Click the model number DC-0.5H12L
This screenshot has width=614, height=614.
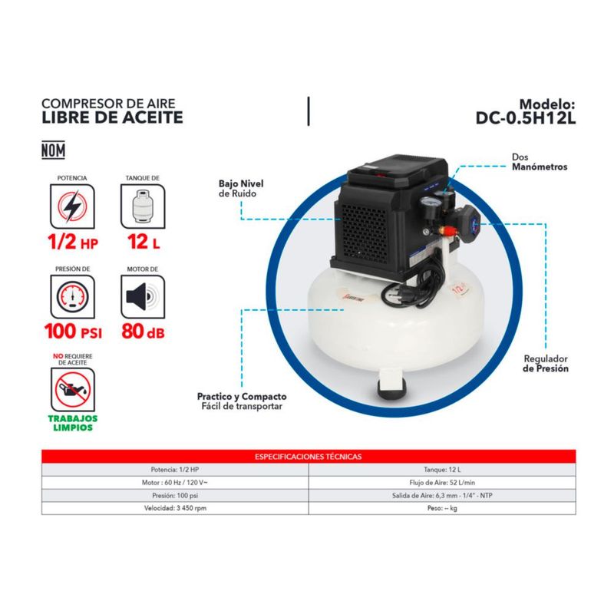point(526,118)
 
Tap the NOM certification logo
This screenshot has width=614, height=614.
point(53,150)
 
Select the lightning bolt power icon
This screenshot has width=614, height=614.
point(72,206)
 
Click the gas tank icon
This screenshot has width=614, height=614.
point(143,206)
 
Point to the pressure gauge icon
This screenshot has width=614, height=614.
point(72,297)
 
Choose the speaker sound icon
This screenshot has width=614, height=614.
point(143,297)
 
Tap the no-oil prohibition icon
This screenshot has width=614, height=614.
point(73,390)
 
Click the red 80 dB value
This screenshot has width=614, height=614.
point(143,332)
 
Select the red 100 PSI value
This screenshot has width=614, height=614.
point(73,332)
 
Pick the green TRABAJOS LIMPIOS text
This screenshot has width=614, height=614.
point(73,423)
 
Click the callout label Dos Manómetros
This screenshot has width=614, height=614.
point(540,162)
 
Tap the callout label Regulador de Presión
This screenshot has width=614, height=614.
point(546,363)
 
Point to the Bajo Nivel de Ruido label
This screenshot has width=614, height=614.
point(241,188)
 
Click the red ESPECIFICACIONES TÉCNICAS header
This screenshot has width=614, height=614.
point(309,457)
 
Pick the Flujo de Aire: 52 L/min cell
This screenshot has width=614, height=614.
point(442,483)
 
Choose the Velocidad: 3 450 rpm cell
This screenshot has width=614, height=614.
point(175,508)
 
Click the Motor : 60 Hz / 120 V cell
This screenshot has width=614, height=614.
point(175,483)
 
